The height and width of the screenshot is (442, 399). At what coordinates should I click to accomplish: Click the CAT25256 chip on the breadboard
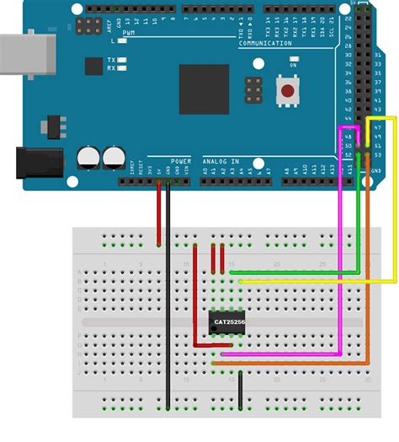pos(228,321)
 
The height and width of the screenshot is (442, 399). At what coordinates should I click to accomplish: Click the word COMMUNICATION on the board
pos(264,43)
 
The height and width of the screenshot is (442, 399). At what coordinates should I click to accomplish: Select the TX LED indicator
pos(123,60)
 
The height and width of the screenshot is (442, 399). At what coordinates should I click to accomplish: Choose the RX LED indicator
pos(123,69)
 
